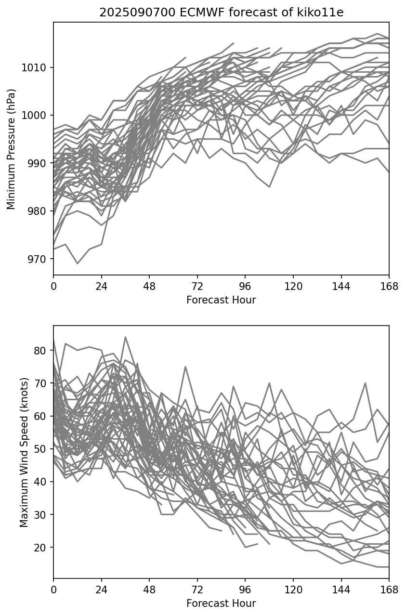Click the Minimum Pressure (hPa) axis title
click(12, 149)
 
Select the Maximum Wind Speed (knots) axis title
click(24, 452)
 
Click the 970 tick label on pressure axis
click(38, 259)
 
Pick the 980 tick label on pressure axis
click(38, 211)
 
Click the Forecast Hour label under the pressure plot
click(221, 300)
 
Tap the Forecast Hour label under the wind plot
click(221, 603)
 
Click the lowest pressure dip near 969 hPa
click(78, 263)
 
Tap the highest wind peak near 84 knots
click(125, 337)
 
